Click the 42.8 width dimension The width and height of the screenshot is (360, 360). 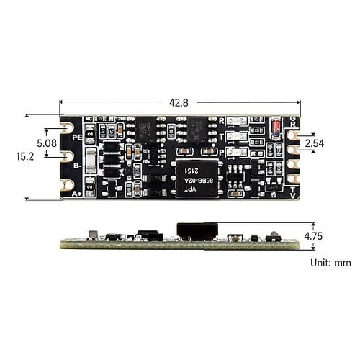pos(179,102)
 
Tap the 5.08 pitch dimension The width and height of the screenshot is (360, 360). pos(45,143)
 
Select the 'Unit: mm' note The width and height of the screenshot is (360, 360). pos(330,264)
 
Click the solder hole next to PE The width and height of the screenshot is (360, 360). pos(67,127)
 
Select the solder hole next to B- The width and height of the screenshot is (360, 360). pos(67,156)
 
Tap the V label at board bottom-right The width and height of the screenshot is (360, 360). pos(292,194)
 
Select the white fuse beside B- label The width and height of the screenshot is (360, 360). pos(91,161)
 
